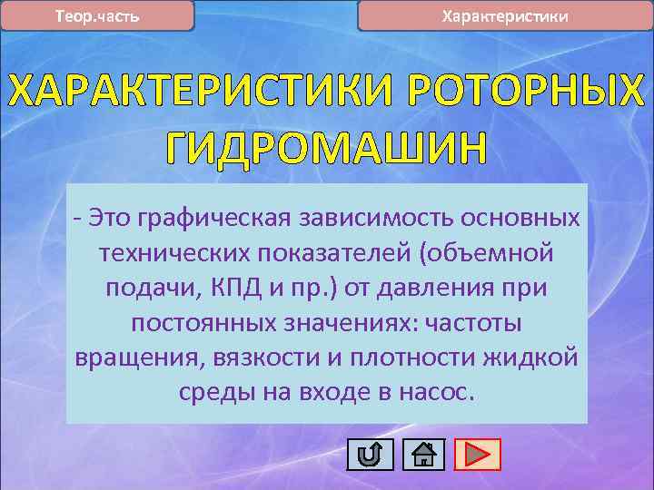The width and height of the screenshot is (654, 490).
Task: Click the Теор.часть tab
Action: click(x=97, y=16)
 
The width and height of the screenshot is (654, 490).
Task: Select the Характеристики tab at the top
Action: click(x=505, y=16)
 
